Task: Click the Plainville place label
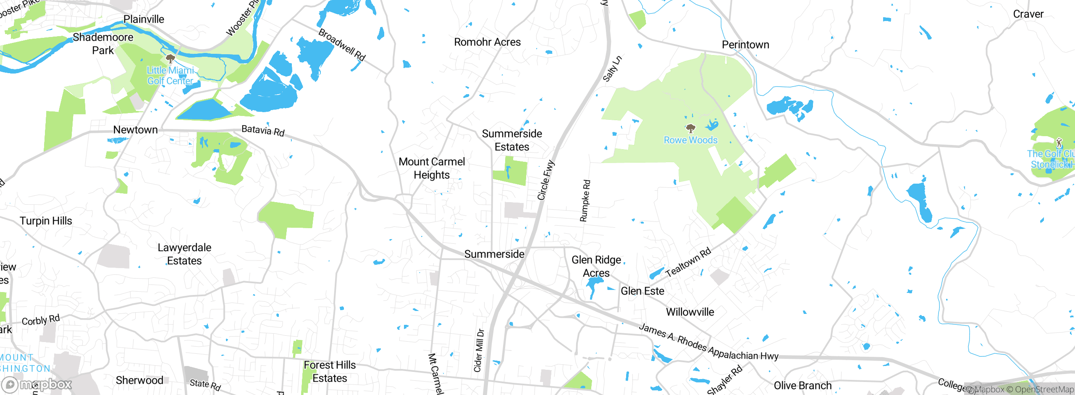click(x=144, y=19)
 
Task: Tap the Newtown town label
click(x=135, y=130)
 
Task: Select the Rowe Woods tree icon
click(x=690, y=128)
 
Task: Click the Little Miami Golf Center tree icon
click(x=170, y=58)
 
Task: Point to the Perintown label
click(x=745, y=45)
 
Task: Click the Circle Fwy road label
click(x=546, y=180)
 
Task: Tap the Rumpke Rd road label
click(x=585, y=200)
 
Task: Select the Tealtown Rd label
click(x=688, y=262)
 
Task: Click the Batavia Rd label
click(x=263, y=131)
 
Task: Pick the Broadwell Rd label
click(x=342, y=45)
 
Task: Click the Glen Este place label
click(x=642, y=291)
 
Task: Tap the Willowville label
click(x=690, y=312)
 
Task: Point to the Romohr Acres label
click(x=487, y=42)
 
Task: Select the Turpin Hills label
click(x=46, y=221)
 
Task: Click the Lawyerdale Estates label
click(x=184, y=254)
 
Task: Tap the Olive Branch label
click(x=802, y=386)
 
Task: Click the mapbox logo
click(x=37, y=384)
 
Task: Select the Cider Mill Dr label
click(x=479, y=350)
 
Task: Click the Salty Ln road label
click(x=612, y=68)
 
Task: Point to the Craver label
click(x=1028, y=14)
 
